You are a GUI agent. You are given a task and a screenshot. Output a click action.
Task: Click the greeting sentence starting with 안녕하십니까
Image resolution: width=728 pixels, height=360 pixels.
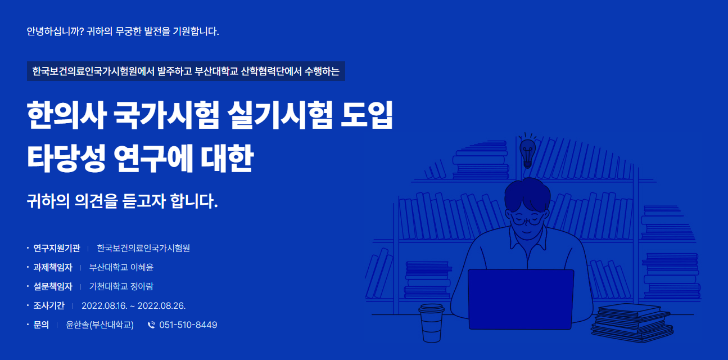pyautogui.click(x=123, y=31)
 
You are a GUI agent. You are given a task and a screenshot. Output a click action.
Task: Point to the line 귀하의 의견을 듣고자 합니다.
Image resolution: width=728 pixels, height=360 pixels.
pyautogui.click(x=122, y=201)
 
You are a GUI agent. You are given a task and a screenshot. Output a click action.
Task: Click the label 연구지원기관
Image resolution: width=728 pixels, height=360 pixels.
pyautogui.click(x=57, y=248)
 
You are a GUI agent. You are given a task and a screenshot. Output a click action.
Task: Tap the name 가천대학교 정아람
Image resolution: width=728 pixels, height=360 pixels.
pyautogui.click(x=121, y=286)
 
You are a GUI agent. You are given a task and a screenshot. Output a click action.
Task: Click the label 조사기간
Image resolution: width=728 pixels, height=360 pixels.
pyautogui.click(x=49, y=305)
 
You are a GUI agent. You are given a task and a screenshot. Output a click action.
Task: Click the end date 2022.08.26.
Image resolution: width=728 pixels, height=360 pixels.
pyautogui.click(x=161, y=305)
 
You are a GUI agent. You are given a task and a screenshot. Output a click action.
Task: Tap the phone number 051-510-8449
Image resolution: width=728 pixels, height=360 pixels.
pyautogui.click(x=188, y=325)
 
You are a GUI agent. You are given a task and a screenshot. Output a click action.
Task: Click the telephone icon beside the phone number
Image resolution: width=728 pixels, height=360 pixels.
pyautogui.click(x=151, y=325)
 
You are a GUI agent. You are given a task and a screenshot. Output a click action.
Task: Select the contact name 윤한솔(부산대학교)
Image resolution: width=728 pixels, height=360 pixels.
pyautogui.click(x=100, y=325)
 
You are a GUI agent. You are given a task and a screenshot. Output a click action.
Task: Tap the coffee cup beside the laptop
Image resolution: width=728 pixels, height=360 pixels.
pyautogui.click(x=432, y=323)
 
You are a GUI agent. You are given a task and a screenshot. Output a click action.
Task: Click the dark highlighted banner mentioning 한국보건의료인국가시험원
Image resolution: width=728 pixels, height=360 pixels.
pyautogui.click(x=186, y=71)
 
